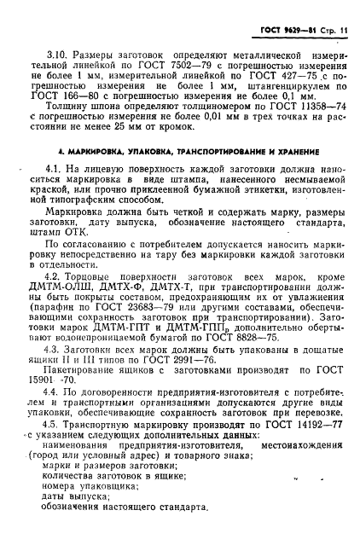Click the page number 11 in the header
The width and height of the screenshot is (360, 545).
[x=345, y=32]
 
